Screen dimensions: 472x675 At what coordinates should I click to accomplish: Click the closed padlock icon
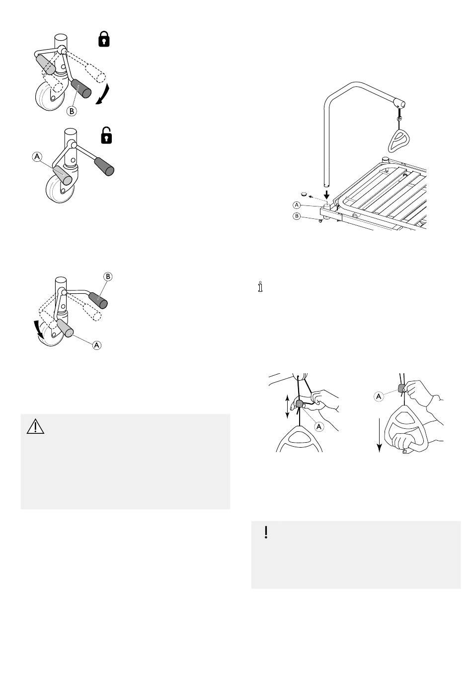(x=104, y=39)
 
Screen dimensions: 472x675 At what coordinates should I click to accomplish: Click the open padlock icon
(x=106, y=135)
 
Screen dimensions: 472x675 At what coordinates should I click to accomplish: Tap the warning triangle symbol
(x=36, y=427)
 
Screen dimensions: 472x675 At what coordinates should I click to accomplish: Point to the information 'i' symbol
(x=260, y=286)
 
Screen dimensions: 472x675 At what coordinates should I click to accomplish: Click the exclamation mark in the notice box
(x=266, y=533)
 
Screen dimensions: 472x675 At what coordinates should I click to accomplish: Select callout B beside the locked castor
(x=72, y=111)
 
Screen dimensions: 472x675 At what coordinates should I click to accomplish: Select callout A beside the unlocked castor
(x=37, y=157)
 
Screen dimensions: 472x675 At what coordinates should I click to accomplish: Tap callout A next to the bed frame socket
(x=297, y=205)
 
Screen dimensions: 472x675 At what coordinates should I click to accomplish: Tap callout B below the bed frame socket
(x=297, y=216)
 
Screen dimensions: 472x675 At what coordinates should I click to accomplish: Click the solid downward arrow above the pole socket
(x=326, y=195)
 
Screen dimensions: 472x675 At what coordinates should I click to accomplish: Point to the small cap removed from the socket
(x=304, y=194)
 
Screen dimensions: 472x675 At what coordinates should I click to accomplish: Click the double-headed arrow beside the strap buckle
(x=287, y=407)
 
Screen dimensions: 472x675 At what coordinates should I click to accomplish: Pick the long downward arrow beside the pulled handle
(x=380, y=435)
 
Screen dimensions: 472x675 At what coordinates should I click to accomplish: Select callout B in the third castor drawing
(x=108, y=276)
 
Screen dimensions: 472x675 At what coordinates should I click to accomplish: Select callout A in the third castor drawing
(x=96, y=345)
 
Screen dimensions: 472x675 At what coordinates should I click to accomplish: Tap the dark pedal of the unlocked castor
(x=104, y=167)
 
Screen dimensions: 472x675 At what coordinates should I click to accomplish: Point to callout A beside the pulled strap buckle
(x=379, y=396)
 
